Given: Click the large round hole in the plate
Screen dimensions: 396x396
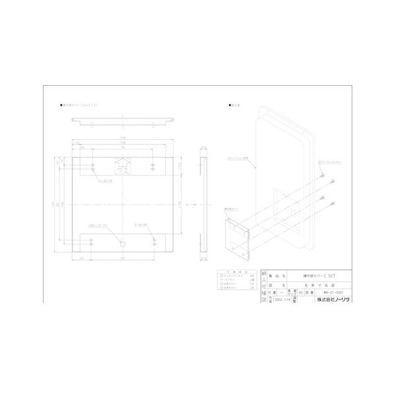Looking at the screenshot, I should coord(122,244).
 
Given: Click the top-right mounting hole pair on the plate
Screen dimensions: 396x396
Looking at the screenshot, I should coord(153,165).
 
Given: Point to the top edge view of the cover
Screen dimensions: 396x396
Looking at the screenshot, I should coord(123,121).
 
